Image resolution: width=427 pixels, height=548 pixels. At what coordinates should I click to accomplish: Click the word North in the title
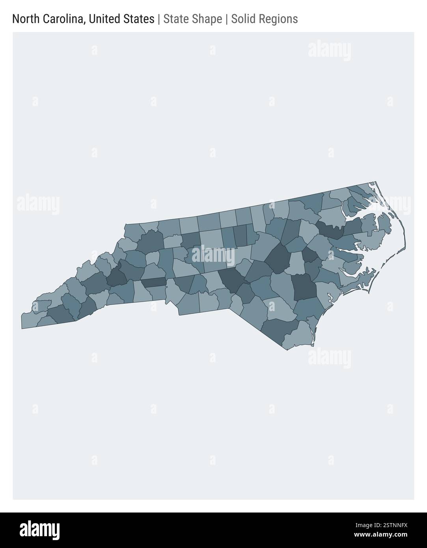click(x=25, y=19)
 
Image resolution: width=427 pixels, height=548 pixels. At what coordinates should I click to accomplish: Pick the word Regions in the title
click(x=278, y=19)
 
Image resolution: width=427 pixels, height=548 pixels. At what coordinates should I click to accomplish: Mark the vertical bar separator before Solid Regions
click(x=227, y=19)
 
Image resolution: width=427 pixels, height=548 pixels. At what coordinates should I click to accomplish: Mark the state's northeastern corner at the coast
click(x=375, y=183)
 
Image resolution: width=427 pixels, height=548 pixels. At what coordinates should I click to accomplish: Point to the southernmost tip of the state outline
click(x=287, y=350)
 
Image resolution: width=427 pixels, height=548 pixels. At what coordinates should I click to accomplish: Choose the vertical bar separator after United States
click(x=158, y=19)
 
